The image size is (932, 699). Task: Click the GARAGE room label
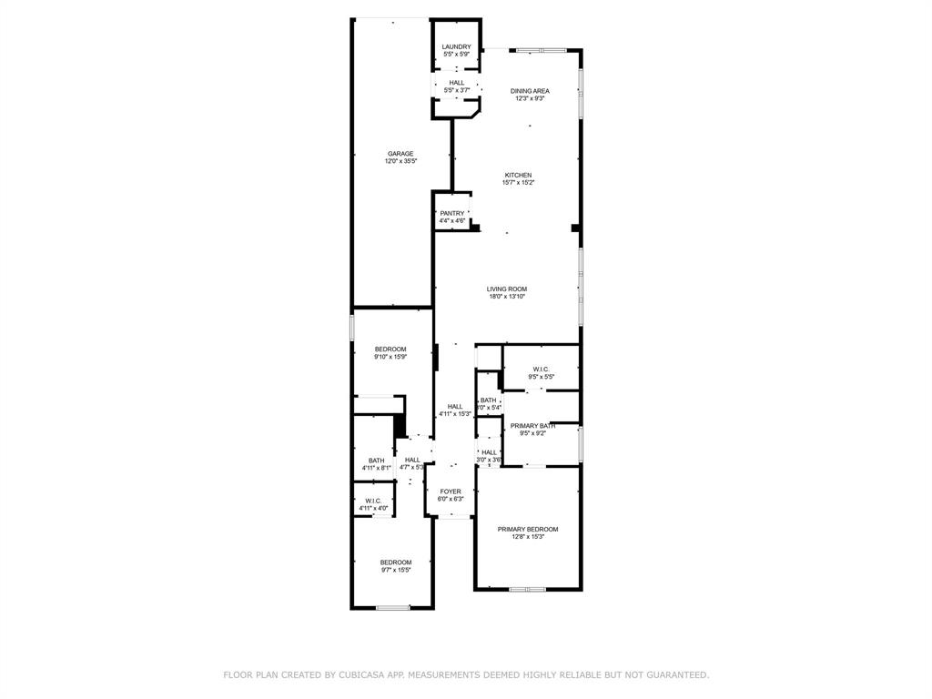(x=400, y=154)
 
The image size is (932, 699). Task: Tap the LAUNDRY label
(x=456, y=46)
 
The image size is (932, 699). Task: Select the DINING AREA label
(x=530, y=90)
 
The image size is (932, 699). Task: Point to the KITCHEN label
(x=519, y=175)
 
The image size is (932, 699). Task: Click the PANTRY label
(x=452, y=213)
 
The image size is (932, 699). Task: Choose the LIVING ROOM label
(x=507, y=289)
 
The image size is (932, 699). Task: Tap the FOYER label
(x=451, y=491)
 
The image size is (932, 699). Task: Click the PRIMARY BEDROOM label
(x=528, y=529)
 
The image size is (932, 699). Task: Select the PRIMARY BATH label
(x=532, y=426)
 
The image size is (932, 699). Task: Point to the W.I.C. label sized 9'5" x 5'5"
(x=542, y=369)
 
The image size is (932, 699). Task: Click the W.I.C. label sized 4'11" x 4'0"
(x=373, y=501)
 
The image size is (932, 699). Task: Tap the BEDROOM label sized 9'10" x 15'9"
(x=390, y=349)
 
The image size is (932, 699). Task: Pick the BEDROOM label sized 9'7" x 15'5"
(x=396, y=562)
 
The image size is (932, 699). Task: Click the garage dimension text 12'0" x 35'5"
(x=400, y=162)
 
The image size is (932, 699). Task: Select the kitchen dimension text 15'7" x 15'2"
(x=519, y=183)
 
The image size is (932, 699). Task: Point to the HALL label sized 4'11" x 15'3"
(x=455, y=406)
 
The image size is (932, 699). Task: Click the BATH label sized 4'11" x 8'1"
(x=376, y=460)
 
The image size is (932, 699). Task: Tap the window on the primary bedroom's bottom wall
(x=528, y=589)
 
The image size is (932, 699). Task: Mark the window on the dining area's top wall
(x=542, y=50)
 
